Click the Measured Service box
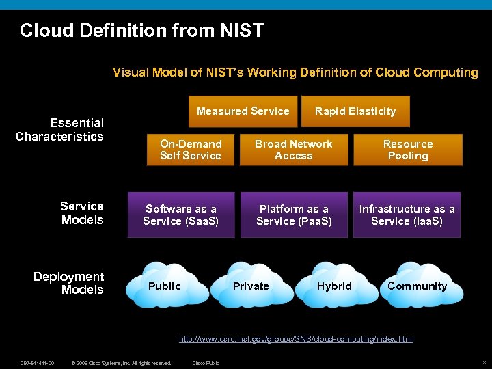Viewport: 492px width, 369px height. coord(243,111)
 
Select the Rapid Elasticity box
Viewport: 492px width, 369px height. coord(355,111)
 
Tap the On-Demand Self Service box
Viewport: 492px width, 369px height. coord(191,150)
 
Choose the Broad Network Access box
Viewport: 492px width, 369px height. coord(293,150)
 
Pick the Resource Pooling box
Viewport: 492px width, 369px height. coord(408,150)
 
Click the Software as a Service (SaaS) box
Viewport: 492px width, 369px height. coord(181,215)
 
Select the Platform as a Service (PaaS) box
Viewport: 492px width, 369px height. coord(294,215)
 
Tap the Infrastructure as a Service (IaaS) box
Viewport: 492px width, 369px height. coord(407,215)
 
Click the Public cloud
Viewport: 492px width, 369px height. coord(165,286)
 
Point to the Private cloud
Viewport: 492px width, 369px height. coord(251,286)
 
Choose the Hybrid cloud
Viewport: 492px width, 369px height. coord(334,286)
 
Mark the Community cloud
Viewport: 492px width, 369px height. coord(417,286)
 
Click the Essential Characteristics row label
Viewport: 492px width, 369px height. coord(60,129)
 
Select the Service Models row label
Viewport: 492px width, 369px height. coord(81,213)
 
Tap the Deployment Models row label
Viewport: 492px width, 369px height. coord(69,283)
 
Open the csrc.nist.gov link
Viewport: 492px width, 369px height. coord(296,339)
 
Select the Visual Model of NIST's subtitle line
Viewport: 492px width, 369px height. coord(295,72)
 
